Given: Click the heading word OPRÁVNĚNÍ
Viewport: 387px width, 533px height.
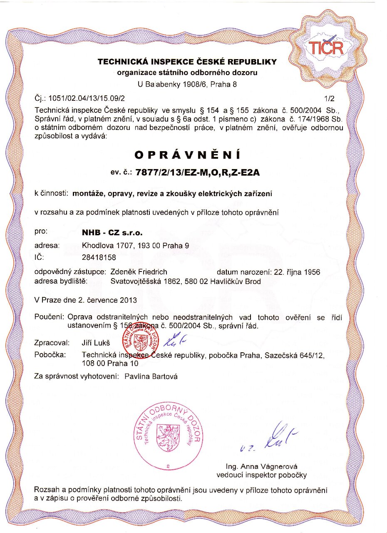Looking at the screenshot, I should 187,155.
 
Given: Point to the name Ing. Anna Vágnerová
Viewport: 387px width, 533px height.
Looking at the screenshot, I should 261,466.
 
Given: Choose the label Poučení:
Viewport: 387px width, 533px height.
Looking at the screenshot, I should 49,318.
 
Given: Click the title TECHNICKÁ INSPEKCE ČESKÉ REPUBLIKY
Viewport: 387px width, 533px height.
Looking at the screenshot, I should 187,62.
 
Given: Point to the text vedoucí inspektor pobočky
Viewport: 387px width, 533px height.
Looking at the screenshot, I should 261,475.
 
